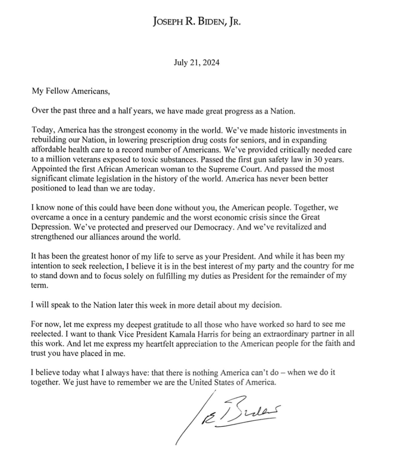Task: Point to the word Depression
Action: point(50,226)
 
